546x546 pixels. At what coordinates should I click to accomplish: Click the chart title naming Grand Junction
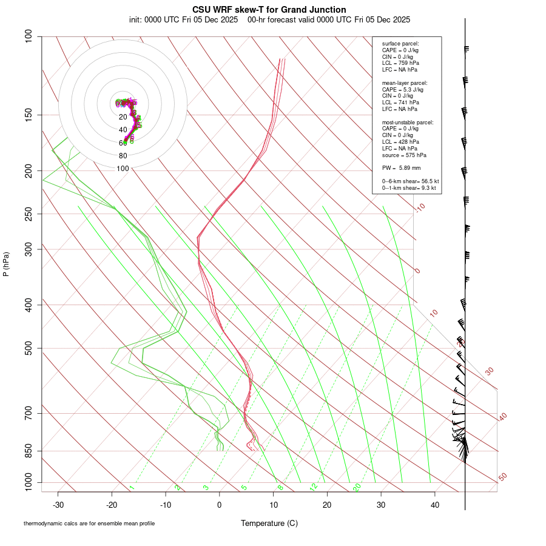[x=269, y=10]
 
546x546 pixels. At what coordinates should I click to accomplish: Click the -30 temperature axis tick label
[x=58, y=505]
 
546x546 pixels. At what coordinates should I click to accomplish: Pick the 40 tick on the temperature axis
[x=434, y=505]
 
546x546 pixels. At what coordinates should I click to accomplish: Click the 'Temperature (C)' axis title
[x=269, y=523]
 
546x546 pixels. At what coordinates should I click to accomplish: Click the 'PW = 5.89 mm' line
[x=401, y=167]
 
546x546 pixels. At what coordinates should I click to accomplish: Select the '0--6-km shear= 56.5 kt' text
[x=410, y=181]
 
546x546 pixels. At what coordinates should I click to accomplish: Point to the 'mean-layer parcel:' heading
[x=405, y=83]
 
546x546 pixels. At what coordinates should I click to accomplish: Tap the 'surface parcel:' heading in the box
[x=400, y=44]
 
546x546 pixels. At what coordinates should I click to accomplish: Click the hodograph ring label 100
[x=123, y=169]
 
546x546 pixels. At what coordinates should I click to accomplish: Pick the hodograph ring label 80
[x=123, y=156]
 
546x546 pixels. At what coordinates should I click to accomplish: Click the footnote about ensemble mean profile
[x=89, y=523]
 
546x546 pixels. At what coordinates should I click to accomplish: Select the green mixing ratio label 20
[x=357, y=487]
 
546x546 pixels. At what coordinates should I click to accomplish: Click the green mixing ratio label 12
[x=314, y=487]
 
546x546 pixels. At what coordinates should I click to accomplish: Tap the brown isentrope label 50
[x=502, y=477]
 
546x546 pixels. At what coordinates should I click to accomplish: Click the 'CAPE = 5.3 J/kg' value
[x=403, y=89]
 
